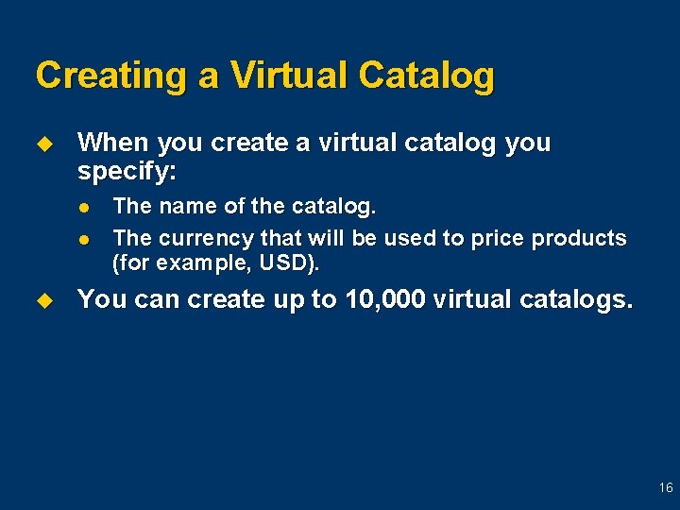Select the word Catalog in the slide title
[x=426, y=76]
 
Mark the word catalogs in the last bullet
[x=572, y=300]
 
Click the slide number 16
[x=666, y=488]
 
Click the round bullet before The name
[x=84, y=207]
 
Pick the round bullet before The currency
[x=84, y=239]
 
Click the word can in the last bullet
[x=155, y=300]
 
